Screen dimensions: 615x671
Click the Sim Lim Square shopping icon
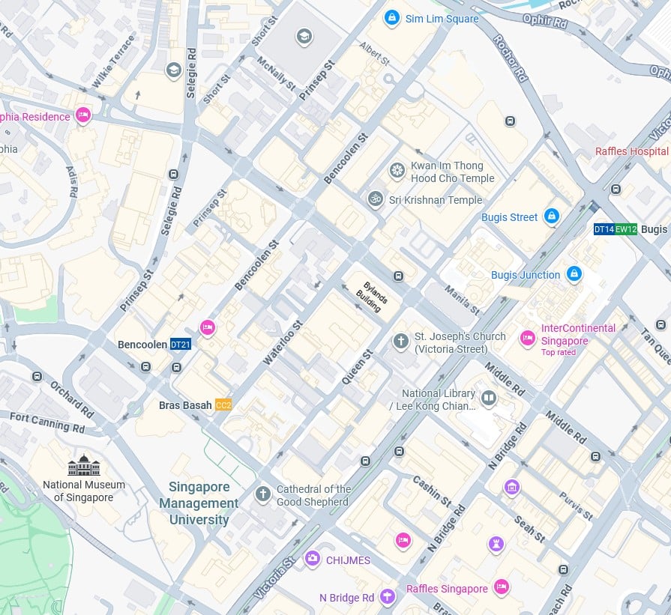coord(391,18)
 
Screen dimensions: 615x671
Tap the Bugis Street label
coord(509,217)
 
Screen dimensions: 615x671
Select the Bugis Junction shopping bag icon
coord(574,274)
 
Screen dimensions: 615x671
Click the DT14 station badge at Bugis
coord(604,229)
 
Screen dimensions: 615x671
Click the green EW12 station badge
coord(626,229)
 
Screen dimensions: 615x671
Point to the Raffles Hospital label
coord(631,151)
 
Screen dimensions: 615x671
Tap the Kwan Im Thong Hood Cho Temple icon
coord(397,172)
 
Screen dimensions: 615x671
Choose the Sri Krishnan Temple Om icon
coord(375,199)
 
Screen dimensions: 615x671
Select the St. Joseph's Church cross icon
coord(401,342)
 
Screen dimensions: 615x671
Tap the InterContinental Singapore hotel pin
coord(528,338)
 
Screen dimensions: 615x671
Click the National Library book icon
coord(489,398)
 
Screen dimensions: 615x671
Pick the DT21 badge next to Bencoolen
coord(180,345)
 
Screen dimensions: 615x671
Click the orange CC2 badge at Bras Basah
coord(223,405)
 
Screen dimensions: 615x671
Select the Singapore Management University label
coord(199,503)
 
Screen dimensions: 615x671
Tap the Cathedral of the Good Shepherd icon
coord(262,494)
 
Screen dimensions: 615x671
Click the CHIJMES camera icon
coord(312,559)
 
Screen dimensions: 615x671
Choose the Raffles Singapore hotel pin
coord(502,587)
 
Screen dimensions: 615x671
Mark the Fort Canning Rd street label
coord(47,423)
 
